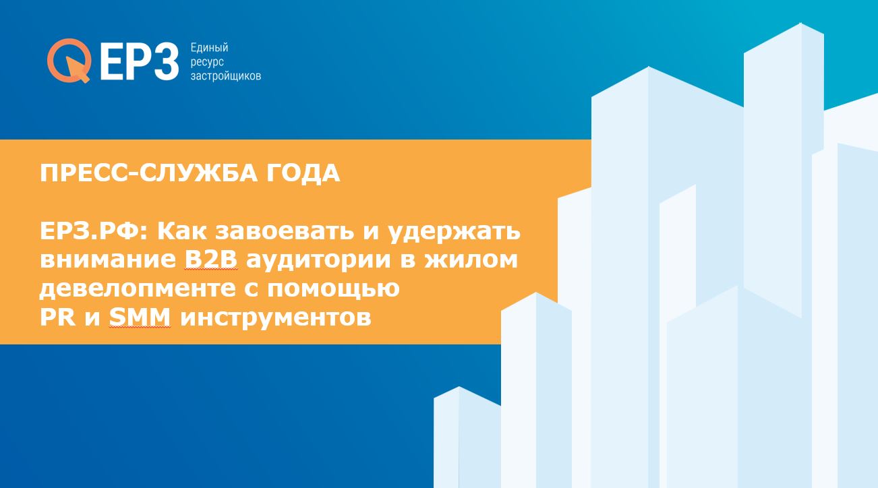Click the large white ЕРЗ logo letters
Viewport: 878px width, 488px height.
(x=139, y=61)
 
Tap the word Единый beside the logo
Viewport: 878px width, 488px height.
(x=209, y=48)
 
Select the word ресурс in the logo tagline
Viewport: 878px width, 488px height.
(x=207, y=62)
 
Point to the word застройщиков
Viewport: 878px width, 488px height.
(x=226, y=75)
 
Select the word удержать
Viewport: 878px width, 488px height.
(x=455, y=233)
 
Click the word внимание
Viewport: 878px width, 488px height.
(x=108, y=260)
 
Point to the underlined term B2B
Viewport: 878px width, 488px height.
(x=211, y=260)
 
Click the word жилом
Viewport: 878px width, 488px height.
(x=471, y=260)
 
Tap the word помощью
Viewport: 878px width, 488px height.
(x=333, y=289)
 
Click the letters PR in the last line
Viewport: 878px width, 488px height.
(x=57, y=317)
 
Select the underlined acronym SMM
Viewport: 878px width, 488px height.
(x=140, y=317)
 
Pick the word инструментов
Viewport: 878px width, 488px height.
(x=276, y=318)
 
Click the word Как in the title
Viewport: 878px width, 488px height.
(x=182, y=231)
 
